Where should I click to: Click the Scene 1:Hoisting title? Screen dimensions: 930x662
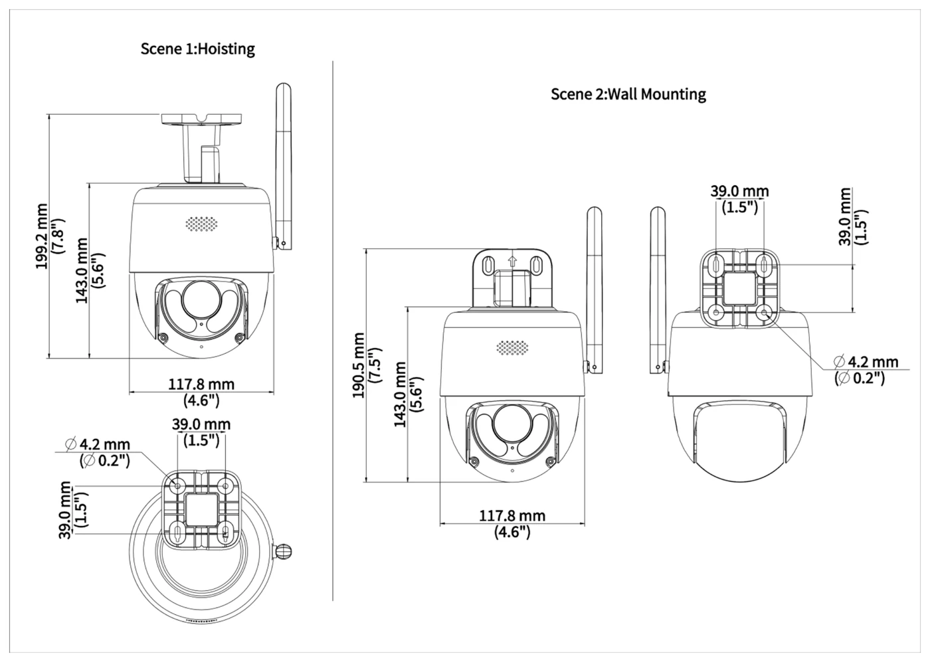(198, 49)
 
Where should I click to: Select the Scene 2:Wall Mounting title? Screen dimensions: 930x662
(628, 94)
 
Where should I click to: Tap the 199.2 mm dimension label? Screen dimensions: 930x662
(42, 236)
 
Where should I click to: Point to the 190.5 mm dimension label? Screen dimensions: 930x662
(358, 365)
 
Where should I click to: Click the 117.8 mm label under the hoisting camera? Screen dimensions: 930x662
(201, 384)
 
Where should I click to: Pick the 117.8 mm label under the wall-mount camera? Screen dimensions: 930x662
(512, 515)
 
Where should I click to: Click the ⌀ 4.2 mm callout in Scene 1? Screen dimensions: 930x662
(98, 444)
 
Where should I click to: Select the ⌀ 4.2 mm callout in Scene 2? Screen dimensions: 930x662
(866, 361)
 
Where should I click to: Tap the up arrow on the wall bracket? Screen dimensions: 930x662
(513, 262)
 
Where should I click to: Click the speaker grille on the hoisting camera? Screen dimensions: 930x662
(201, 224)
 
